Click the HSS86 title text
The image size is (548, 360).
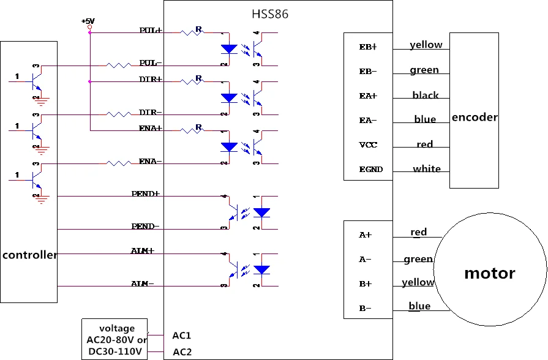pos(270,14)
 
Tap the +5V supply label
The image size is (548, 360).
pos(88,21)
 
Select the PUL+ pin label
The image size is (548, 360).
pos(151,31)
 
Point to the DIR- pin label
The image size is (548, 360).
pos(151,112)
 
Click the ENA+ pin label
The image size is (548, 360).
pos(151,129)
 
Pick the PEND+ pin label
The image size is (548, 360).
pos(145,193)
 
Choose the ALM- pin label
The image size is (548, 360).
pos(142,283)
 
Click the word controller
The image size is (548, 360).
pos(29,255)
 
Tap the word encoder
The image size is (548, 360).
pos(475,117)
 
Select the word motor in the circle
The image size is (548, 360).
pos(490,273)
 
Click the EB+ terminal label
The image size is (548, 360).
pos(368,47)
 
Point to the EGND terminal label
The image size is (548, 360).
pos(371,170)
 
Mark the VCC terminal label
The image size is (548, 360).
pos(368,144)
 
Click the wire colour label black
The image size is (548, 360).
pos(426,95)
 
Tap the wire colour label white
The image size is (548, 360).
pos(427,169)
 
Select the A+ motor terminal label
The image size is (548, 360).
pos(365,235)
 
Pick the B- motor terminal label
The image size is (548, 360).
pos(365,309)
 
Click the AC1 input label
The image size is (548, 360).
pos(182,336)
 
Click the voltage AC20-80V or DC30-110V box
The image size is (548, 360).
pos(114,339)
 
